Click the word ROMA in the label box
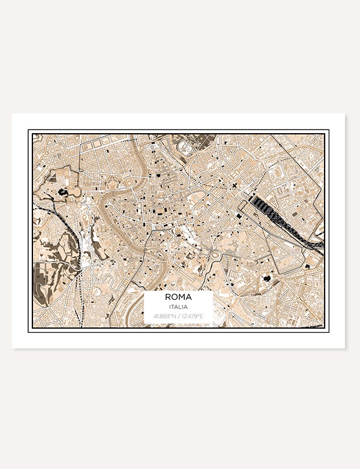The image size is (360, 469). [178, 296]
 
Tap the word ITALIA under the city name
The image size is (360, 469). [178, 306]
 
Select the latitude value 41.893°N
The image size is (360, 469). [164, 316]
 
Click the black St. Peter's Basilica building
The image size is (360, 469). [62, 193]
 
